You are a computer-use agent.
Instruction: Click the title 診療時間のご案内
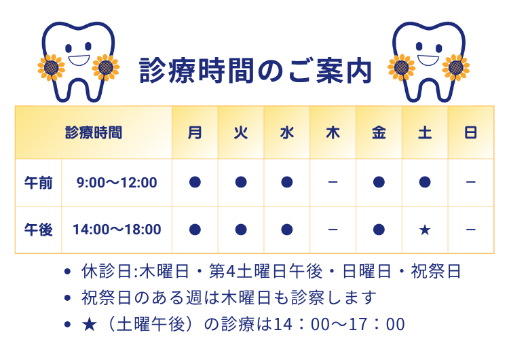[255, 70]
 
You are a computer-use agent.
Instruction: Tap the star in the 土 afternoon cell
[425, 230]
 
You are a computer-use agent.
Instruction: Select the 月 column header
[195, 132]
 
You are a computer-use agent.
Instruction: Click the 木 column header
[333, 132]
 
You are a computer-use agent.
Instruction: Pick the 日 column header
[470, 132]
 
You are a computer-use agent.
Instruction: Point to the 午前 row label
[38, 182]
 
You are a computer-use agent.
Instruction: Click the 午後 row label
[38, 230]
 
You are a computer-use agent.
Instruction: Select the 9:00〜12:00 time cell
[117, 182]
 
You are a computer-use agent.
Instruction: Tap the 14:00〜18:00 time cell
[117, 230]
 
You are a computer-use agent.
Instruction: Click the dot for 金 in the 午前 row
[379, 182]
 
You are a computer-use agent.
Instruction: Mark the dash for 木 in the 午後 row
[333, 230]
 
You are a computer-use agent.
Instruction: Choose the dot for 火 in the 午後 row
[241, 230]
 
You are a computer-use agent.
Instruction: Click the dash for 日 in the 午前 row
[470, 182]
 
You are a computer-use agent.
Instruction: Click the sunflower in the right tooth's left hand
[401, 66]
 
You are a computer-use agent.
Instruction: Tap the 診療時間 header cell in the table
[94, 132]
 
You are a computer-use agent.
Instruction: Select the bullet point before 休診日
[67, 272]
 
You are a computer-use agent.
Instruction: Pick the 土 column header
[425, 132]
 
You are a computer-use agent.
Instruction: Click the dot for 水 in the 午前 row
[286, 182]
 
